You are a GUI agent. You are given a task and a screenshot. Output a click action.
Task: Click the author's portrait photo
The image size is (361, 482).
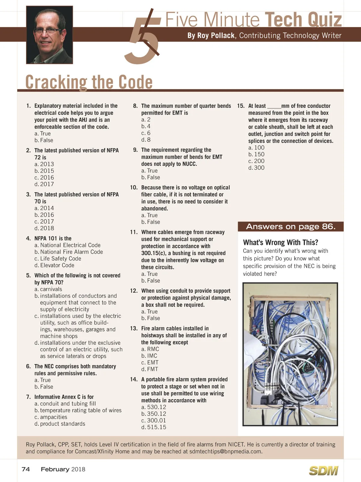click(x=49, y=35)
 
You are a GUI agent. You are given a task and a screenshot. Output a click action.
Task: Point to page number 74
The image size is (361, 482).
click(x=26, y=469)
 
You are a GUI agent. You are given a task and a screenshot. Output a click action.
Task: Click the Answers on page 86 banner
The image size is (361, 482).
click(x=290, y=227)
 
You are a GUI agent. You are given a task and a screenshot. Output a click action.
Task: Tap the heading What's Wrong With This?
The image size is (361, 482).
click(x=280, y=243)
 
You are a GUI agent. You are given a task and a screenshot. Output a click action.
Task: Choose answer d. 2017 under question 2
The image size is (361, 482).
click(x=44, y=184)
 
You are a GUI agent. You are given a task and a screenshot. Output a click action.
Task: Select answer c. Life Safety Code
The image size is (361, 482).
click(x=58, y=258)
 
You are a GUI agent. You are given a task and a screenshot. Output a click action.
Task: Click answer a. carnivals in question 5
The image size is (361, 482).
click(x=48, y=289)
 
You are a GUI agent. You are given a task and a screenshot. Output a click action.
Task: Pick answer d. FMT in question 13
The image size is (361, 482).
click(x=150, y=369)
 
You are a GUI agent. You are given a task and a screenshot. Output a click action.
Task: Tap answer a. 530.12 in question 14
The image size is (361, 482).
click(x=154, y=407)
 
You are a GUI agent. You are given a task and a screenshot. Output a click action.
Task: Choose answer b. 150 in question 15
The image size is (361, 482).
click(x=256, y=154)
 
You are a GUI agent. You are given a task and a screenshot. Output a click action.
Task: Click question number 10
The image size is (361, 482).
click(x=134, y=187)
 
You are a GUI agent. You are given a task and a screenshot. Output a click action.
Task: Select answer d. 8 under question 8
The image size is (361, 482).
click(x=146, y=140)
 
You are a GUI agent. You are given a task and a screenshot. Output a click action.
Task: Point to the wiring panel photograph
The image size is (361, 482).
click(x=290, y=354)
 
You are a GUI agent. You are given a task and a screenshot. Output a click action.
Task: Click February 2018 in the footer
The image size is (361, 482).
click(x=63, y=469)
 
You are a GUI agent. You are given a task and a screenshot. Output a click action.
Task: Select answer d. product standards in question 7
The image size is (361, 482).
click(x=60, y=424)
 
